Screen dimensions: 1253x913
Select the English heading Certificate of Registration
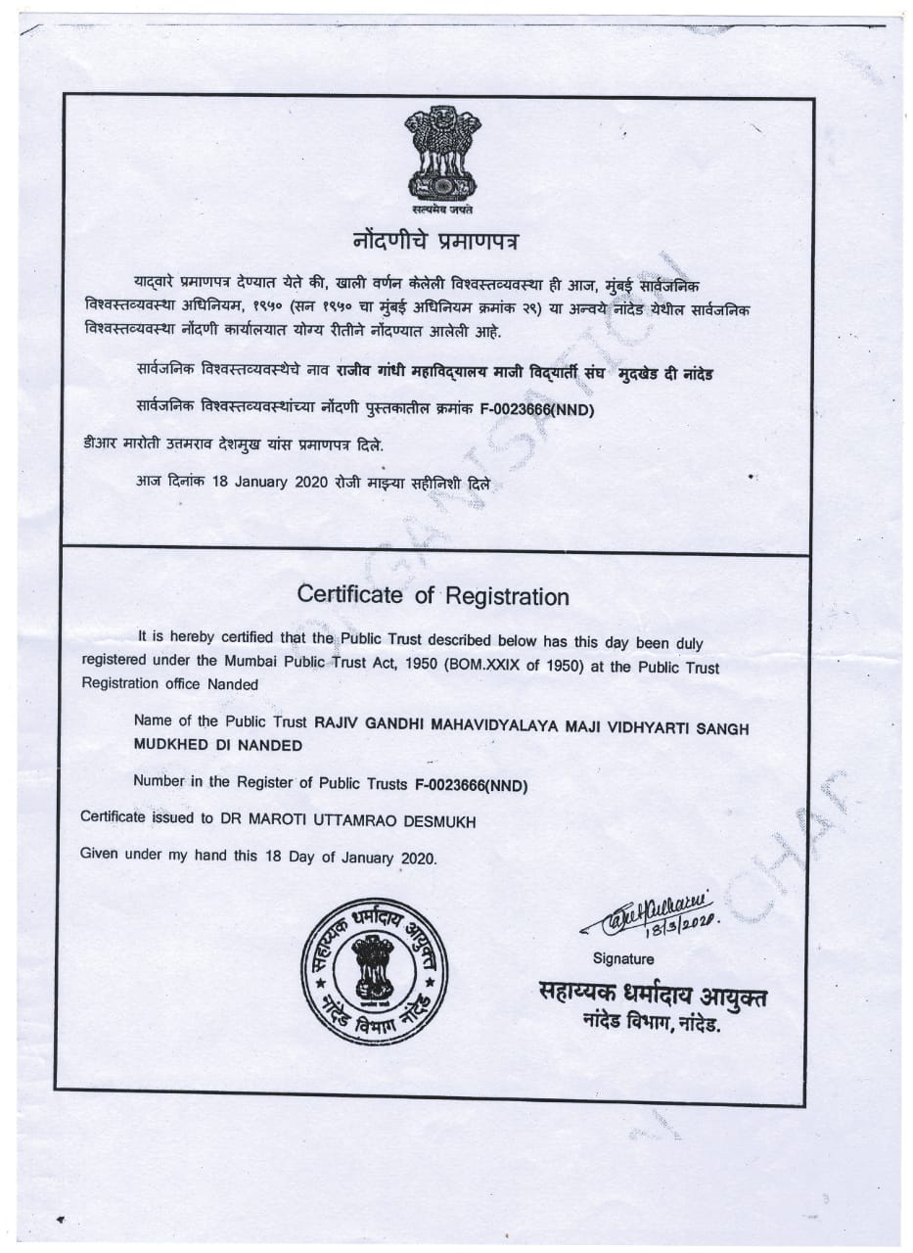pos(432,595)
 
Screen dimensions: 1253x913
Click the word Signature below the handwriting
pos(623,958)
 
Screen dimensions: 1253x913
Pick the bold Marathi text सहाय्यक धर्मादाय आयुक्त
pos(654,996)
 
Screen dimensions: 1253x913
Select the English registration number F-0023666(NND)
pos(472,785)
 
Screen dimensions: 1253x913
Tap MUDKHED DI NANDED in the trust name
pos(217,745)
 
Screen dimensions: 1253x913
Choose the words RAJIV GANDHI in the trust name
pos(362,722)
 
